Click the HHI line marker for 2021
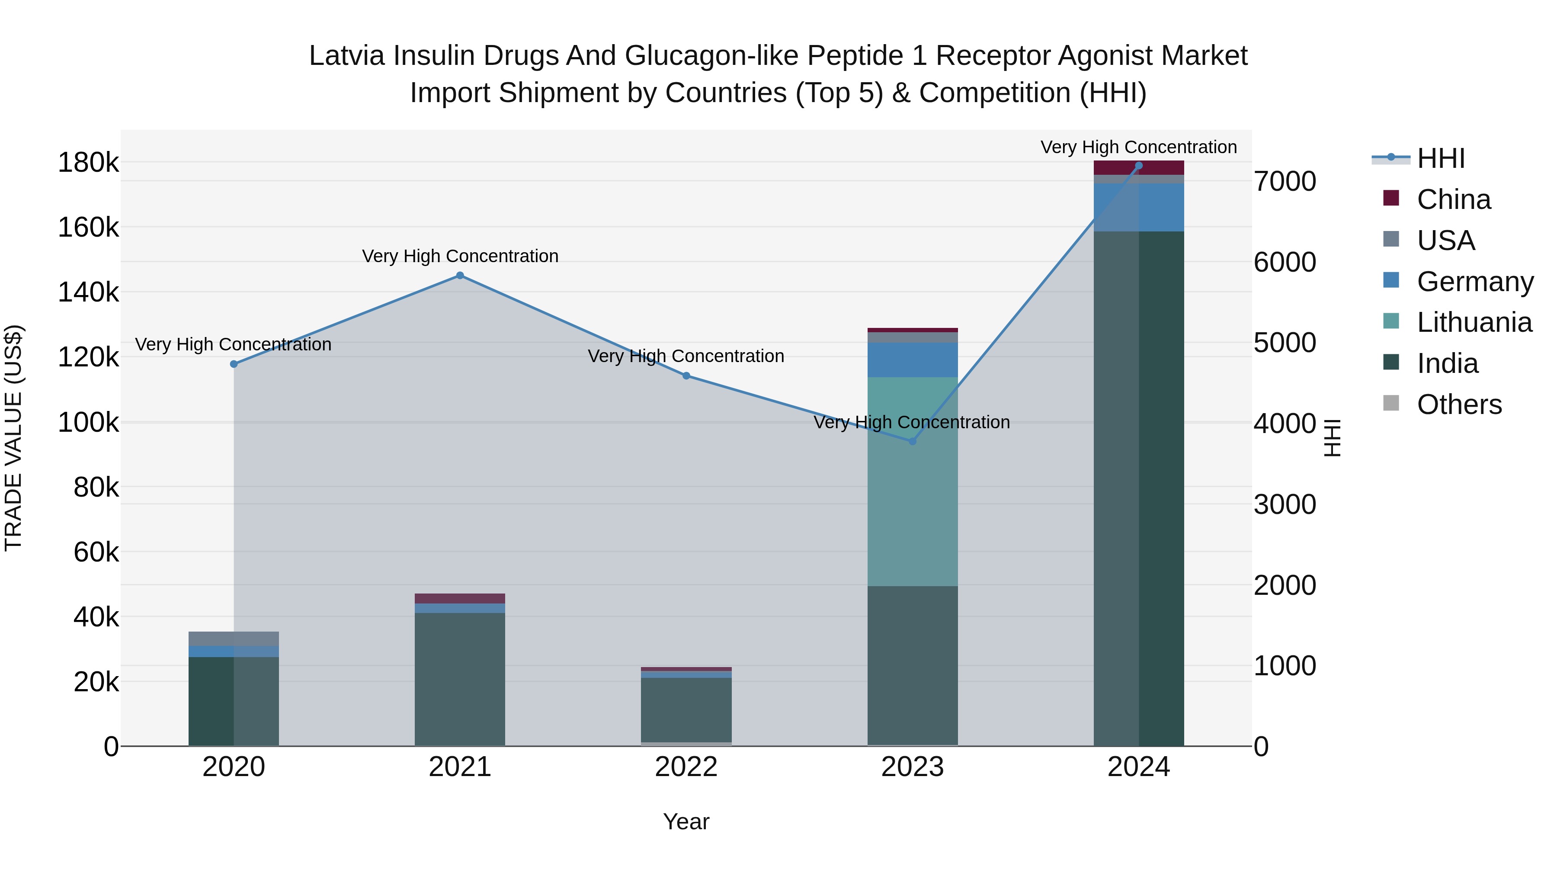click(460, 276)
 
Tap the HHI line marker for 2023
click(913, 441)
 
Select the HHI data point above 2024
click(1139, 166)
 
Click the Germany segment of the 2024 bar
click(1139, 207)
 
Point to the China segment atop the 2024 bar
click(1139, 167)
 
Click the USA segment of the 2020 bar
click(234, 639)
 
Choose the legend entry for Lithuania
click(1474, 323)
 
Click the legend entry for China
click(1453, 199)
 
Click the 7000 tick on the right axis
click(1285, 181)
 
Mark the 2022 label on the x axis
click(686, 767)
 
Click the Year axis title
click(686, 821)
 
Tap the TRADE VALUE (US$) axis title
click(14, 438)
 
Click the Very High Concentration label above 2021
click(460, 257)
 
